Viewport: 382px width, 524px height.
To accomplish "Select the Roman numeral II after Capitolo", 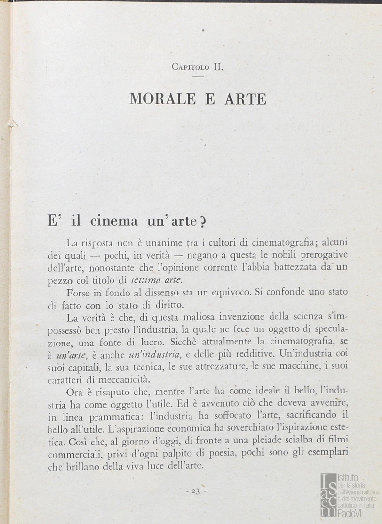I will pyautogui.click(x=218, y=67).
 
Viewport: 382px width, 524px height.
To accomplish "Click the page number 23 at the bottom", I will pyautogui.click(x=196, y=491).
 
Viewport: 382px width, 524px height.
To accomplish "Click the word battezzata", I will pyautogui.click(x=277, y=267).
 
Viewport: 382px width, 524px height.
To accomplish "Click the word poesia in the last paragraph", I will pyautogui.click(x=222, y=455).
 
